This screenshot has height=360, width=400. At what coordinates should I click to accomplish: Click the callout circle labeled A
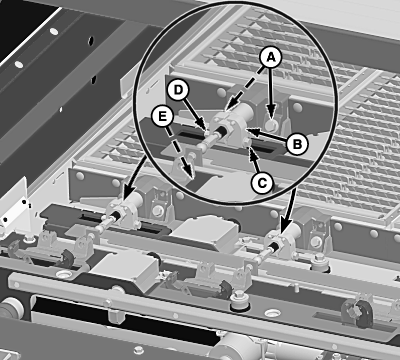(271, 57)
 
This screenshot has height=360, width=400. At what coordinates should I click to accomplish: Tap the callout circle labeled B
(297, 144)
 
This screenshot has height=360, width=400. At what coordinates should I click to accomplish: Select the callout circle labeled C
(262, 183)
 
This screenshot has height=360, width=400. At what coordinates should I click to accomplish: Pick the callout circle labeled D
(178, 91)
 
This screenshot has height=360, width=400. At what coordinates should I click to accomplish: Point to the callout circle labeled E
(162, 117)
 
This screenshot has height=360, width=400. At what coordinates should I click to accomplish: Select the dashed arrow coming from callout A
(246, 88)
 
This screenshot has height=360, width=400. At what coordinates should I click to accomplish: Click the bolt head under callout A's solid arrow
(272, 125)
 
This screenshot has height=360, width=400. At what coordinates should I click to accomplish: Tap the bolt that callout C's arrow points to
(247, 143)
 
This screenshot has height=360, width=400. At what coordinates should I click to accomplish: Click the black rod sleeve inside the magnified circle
(221, 131)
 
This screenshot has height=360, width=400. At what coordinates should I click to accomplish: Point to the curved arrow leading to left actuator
(133, 176)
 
